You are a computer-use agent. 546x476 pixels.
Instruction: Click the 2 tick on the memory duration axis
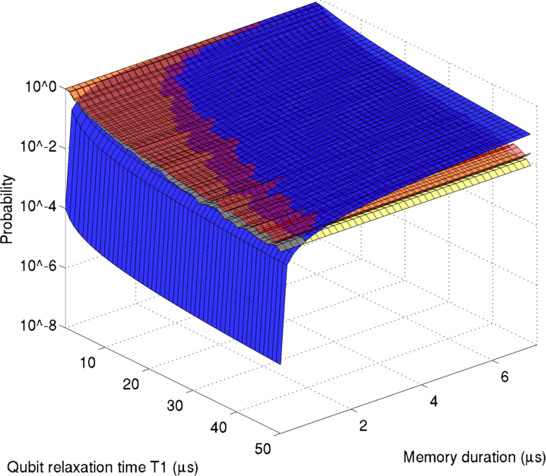tap(364, 425)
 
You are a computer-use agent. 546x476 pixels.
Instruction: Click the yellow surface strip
tap(426, 197)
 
